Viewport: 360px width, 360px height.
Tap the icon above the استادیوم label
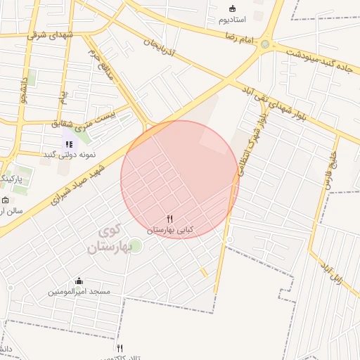click(x=233, y=8)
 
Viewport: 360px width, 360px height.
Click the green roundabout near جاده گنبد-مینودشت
click(x=264, y=44)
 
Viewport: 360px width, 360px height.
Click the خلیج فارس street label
click(x=329, y=168)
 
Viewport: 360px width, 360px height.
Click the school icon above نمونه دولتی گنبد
click(x=69, y=143)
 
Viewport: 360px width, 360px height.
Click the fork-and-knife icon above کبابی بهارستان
click(x=169, y=220)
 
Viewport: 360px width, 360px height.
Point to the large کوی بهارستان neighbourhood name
click(x=105, y=239)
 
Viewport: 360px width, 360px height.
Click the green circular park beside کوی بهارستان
click(x=135, y=245)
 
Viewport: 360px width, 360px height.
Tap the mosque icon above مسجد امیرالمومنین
click(x=78, y=281)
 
